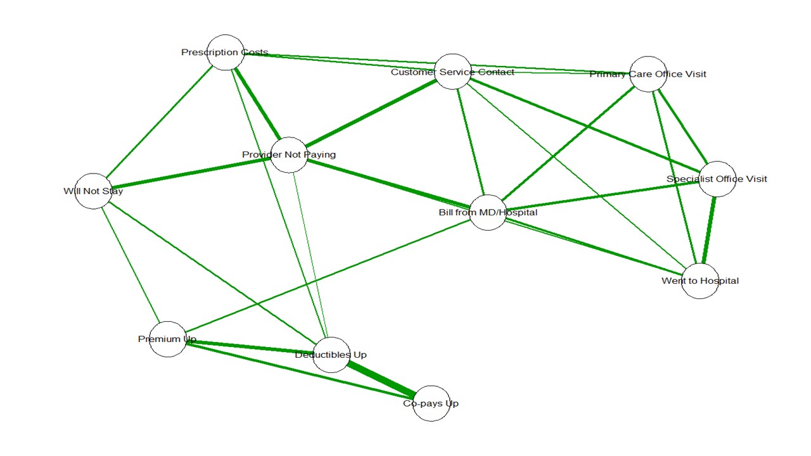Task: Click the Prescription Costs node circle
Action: (226, 53)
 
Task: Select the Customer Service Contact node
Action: (453, 72)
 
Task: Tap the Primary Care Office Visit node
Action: (648, 74)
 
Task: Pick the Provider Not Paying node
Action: (289, 155)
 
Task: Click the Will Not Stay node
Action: (93, 191)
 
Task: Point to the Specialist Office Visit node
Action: (717, 179)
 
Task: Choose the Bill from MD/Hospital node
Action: (488, 212)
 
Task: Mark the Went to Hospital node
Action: (700, 281)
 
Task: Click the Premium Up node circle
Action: (168, 339)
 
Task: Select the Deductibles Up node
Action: (331, 355)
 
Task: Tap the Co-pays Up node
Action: (431, 403)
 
